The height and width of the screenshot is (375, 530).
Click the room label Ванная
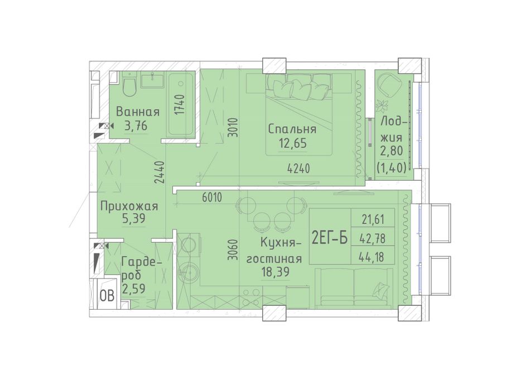tap(138, 112)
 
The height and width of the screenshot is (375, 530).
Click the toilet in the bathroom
tap(129, 86)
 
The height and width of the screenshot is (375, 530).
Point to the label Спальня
tap(292, 129)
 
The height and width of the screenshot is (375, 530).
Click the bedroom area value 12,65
tap(293, 143)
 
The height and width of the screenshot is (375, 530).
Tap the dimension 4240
tap(298, 168)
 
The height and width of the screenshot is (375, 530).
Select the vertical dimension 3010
tap(233, 127)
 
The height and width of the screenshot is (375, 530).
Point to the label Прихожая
tap(129, 206)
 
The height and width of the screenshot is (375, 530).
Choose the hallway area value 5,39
tap(134, 219)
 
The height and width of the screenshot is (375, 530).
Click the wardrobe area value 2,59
tap(133, 289)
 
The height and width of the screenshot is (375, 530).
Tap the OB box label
tap(107, 296)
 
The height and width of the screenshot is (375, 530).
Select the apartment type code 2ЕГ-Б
tap(330, 238)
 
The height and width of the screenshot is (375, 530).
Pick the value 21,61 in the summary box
tap(373, 220)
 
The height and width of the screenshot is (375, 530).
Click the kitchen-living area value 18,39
tap(276, 272)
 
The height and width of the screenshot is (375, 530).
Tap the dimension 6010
tap(212, 198)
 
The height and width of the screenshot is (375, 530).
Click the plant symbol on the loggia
tap(383, 105)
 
